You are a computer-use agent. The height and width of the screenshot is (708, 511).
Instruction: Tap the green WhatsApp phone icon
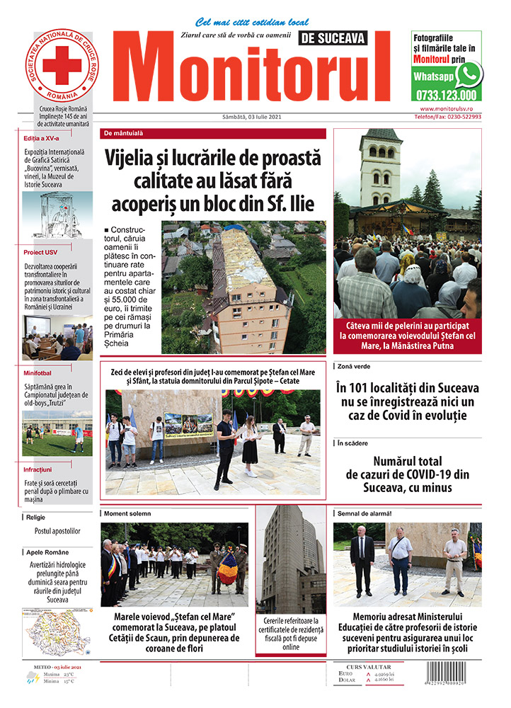[469, 74]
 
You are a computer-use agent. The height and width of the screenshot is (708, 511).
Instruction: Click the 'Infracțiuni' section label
[38, 469]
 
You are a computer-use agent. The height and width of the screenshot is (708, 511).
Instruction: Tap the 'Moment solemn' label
[127, 512]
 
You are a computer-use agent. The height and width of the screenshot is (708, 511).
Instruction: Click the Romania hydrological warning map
[57, 634]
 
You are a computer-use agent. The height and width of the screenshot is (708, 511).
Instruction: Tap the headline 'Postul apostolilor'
[57, 530]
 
